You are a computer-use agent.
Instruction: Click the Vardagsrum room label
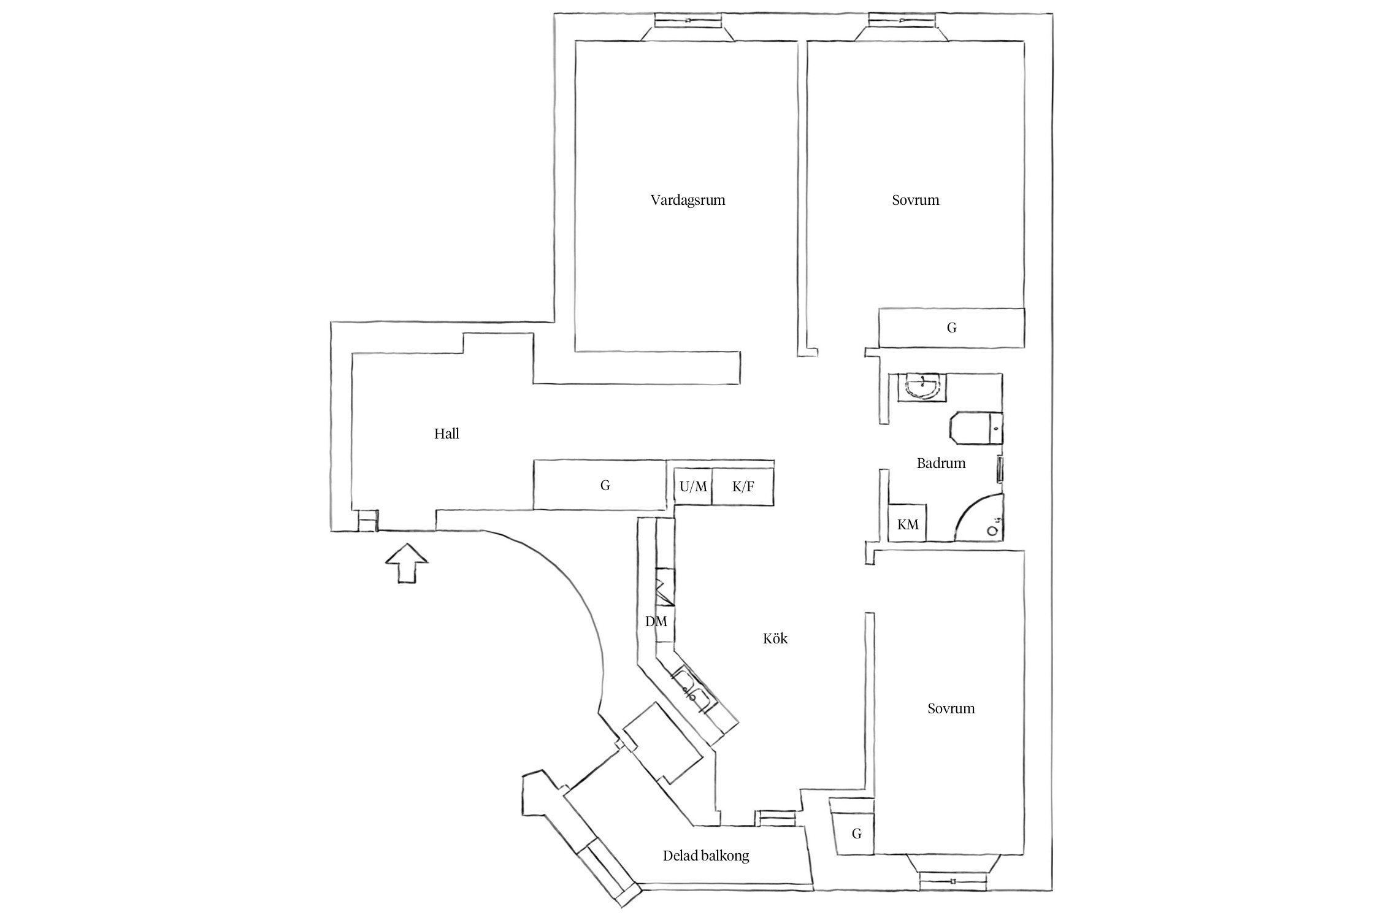pyautogui.click(x=688, y=201)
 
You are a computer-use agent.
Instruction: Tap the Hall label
pyautogui.click(x=447, y=434)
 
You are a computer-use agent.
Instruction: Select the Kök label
pyautogui.click(x=775, y=639)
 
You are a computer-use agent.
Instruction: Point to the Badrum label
pyautogui.click(x=941, y=464)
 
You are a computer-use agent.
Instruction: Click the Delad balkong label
pyautogui.click(x=706, y=856)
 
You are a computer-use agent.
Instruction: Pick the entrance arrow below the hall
pyautogui.click(x=406, y=563)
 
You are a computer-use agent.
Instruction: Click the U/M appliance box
pyautogui.click(x=693, y=487)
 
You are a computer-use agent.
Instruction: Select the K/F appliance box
pyautogui.click(x=743, y=487)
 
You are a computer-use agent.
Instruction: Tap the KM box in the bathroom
pyautogui.click(x=908, y=524)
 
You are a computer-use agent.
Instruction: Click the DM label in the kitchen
pyautogui.click(x=656, y=621)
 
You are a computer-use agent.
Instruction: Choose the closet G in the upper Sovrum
pyautogui.click(x=951, y=328)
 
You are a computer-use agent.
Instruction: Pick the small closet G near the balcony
pyautogui.click(x=856, y=834)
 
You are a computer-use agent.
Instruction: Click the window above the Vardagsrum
pyautogui.click(x=688, y=21)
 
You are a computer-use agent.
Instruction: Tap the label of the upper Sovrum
pyautogui.click(x=915, y=201)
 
